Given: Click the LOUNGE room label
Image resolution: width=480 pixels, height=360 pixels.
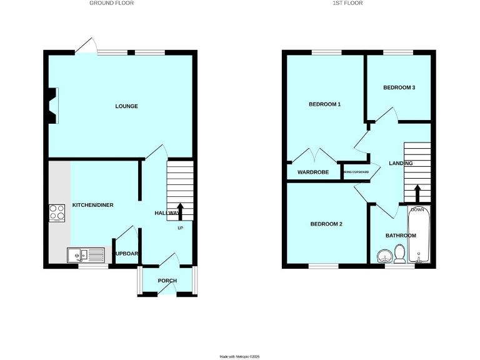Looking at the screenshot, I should pos(126,106).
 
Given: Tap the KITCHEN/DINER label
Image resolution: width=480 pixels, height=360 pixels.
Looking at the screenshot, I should pos(92,205).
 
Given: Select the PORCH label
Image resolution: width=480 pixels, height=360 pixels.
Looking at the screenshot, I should pos(167,281).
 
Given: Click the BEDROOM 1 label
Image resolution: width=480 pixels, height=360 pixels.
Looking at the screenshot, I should pos(324,104).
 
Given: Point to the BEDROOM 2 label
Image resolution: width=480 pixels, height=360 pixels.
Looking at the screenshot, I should pos(326,224).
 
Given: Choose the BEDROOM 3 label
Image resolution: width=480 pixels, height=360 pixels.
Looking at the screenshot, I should pos(399,87).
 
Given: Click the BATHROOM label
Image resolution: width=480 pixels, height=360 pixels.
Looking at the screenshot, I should pos(401,236).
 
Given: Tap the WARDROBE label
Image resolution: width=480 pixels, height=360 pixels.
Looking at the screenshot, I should pos(313,172).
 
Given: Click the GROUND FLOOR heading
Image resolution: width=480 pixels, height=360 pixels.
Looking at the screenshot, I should pos(111,3).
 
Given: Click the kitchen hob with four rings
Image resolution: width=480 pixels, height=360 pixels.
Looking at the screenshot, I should pos(57,213).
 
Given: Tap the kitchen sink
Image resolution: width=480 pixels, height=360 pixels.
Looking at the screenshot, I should pos(86,255).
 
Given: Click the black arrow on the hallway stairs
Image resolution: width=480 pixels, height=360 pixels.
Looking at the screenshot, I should pos(181,210).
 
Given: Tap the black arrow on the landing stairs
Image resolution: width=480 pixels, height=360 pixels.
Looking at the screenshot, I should pos(417,191).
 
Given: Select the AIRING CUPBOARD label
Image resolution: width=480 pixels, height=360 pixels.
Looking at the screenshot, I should pos(356,172).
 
